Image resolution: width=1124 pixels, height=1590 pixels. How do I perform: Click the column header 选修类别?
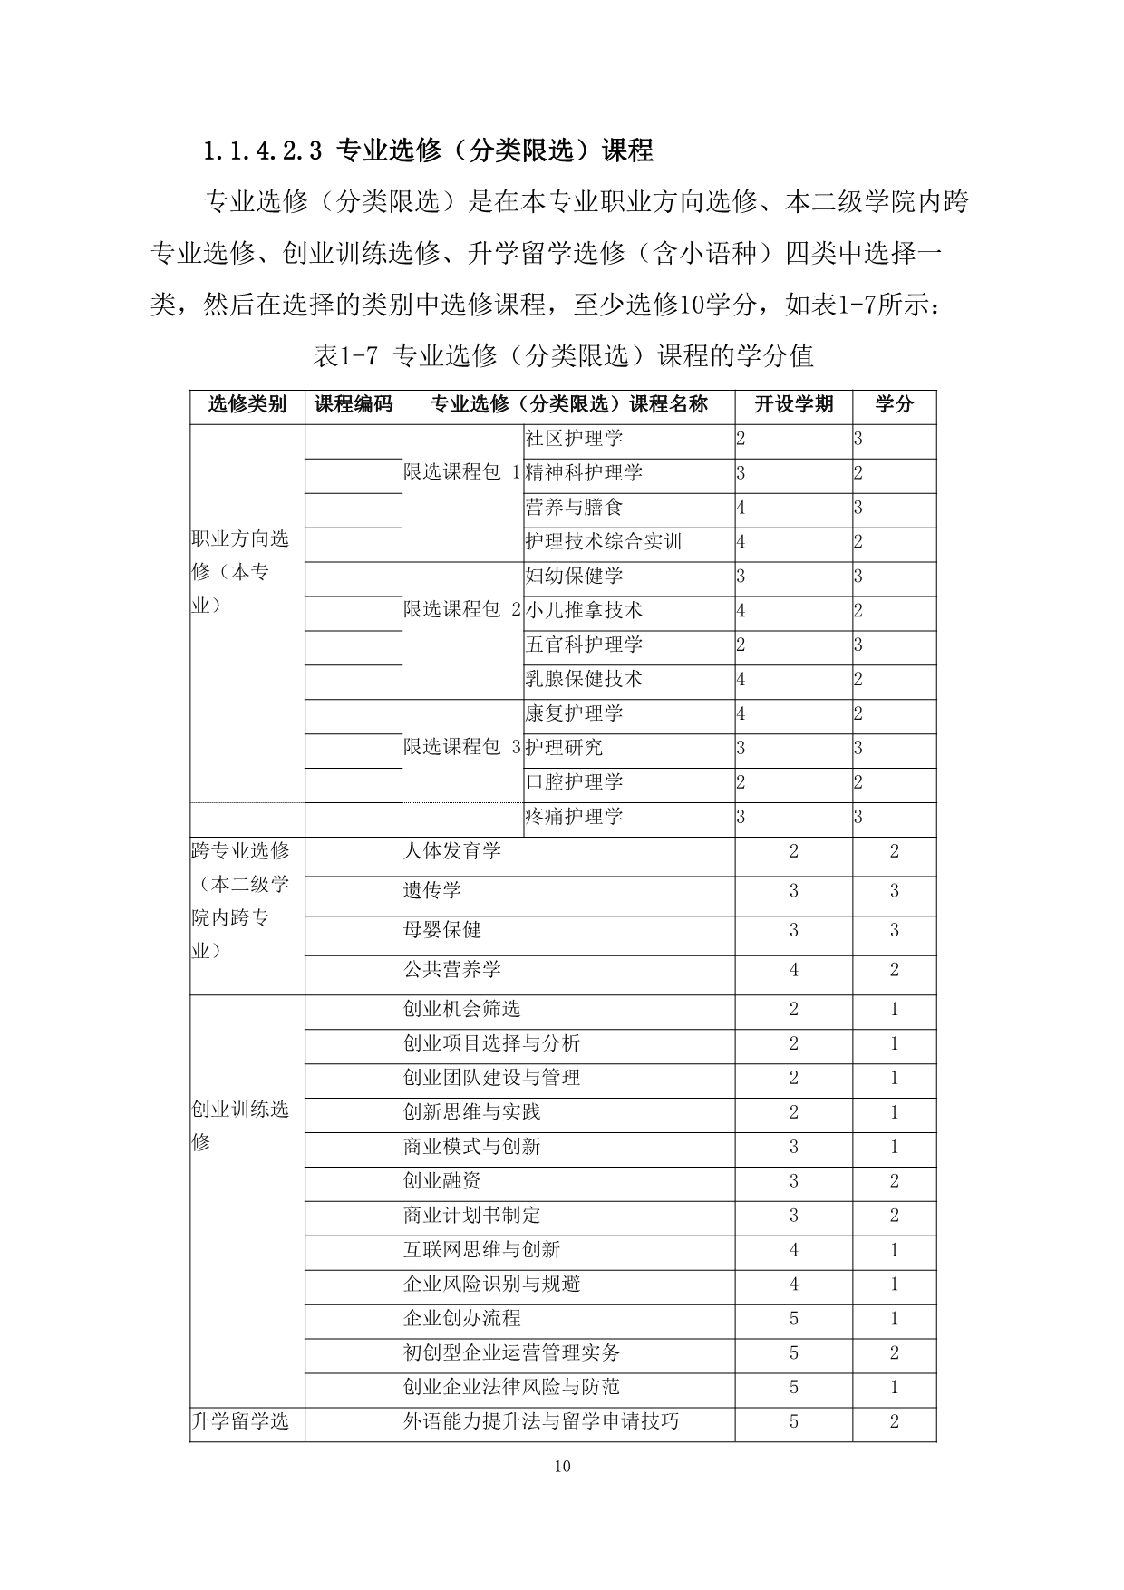point(247,404)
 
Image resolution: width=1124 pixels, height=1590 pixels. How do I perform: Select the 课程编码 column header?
point(353,404)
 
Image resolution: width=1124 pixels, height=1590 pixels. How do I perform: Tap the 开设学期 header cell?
point(793,404)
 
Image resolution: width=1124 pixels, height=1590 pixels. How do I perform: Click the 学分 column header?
point(894,404)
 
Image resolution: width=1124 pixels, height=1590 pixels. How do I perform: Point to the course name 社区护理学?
point(574,439)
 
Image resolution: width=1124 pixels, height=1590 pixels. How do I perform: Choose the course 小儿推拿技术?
point(584,611)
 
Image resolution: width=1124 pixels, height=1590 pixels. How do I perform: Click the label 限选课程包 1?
point(462,473)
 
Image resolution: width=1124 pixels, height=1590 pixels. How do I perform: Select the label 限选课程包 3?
point(462,748)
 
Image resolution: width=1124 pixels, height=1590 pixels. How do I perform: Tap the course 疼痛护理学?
point(574,817)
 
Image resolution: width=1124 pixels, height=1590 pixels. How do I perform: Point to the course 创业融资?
point(442,1181)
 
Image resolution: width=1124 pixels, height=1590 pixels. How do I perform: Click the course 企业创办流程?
point(461,1319)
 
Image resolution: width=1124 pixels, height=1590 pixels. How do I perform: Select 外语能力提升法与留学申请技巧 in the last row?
point(540,1421)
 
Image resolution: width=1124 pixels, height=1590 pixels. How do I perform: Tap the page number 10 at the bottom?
point(562,1467)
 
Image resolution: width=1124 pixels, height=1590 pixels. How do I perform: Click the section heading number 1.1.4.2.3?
point(262,150)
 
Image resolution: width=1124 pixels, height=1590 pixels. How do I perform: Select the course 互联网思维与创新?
point(481,1250)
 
